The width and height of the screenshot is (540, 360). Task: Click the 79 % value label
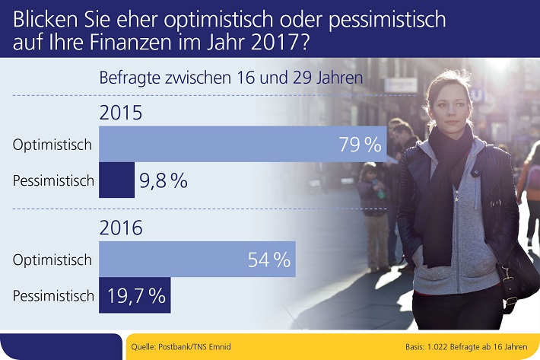(359, 144)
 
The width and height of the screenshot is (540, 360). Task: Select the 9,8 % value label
(164, 181)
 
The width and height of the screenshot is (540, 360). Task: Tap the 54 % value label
(269, 260)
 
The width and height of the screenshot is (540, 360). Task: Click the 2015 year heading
(121, 115)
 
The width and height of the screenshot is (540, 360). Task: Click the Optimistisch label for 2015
(52, 144)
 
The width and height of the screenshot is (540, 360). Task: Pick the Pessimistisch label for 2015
(52, 181)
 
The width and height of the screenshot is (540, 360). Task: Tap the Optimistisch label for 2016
(52, 260)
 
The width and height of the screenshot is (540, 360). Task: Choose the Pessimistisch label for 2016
(52, 296)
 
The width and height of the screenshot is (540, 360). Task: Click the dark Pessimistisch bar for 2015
(117, 181)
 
